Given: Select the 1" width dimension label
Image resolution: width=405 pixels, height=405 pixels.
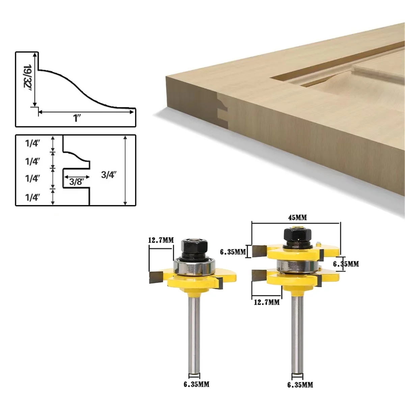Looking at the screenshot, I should (x=77, y=118).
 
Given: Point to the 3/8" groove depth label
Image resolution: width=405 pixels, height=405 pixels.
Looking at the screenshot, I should (x=76, y=182).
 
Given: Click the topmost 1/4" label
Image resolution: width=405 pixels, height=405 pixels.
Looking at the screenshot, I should (x=33, y=143).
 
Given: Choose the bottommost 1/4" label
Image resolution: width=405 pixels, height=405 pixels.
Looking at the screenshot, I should (x=33, y=197).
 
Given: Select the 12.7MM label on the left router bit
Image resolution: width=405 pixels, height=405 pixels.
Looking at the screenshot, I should (x=161, y=240).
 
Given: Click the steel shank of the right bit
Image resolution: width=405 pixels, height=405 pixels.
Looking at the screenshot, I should (x=297, y=331).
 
